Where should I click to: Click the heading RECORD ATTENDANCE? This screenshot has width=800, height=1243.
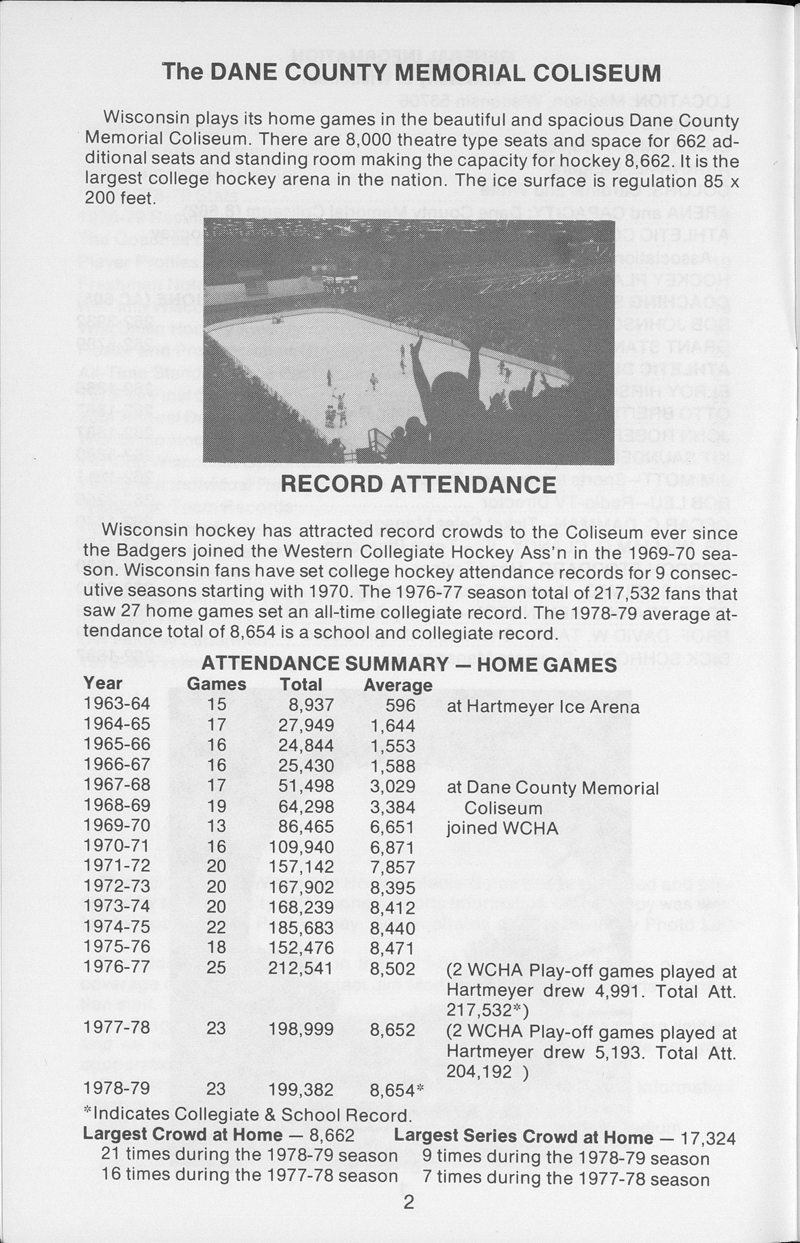pos(418,485)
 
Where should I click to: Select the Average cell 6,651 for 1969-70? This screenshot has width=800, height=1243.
pos(392,827)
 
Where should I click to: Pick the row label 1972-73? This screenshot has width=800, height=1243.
pos(116,886)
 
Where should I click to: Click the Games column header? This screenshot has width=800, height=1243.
pos(216,684)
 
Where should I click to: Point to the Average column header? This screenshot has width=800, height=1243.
pos(398,685)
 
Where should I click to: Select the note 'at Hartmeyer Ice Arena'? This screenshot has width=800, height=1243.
pos(543,707)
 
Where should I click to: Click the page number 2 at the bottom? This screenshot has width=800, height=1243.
pos(408,1202)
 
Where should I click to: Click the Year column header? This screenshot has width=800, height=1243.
pos(102,683)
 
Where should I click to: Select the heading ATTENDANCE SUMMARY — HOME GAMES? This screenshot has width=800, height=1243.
pos(409,664)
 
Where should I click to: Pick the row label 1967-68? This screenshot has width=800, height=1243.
pos(116,784)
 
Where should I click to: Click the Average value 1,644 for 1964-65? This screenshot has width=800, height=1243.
pos(392,726)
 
